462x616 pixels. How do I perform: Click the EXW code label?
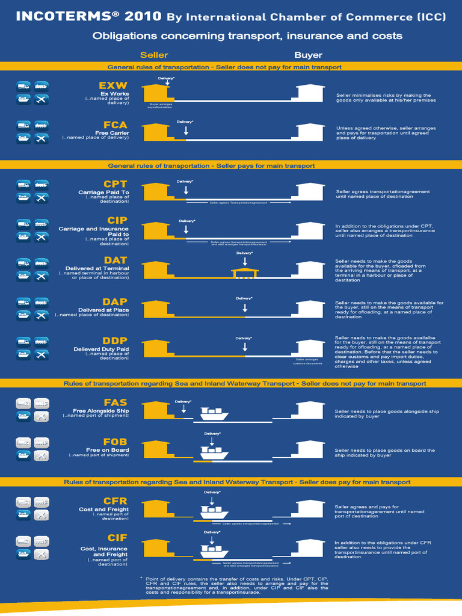pyautogui.click(x=113, y=85)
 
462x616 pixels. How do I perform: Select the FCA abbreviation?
pyautogui.click(x=115, y=125)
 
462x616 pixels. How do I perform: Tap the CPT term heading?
pyautogui.click(x=115, y=184)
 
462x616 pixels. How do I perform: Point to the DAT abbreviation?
pyautogui.click(x=115, y=260)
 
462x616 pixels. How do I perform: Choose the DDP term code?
pyautogui.click(x=114, y=340)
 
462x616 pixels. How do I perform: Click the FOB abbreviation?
pyautogui.click(x=115, y=442)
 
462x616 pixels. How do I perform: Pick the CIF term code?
pyautogui.click(x=117, y=538)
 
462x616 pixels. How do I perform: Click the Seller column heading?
pyautogui.click(x=154, y=55)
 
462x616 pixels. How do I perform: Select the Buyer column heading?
pyautogui.click(x=308, y=55)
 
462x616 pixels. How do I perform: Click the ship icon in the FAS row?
pyautogui.click(x=214, y=414)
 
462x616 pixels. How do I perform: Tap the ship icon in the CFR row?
pyautogui.click(x=215, y=511)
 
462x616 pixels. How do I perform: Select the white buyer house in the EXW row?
pyautogui.click(x=311, y=93)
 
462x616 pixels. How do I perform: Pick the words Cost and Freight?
pyautogui.click(x=103, y=510)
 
